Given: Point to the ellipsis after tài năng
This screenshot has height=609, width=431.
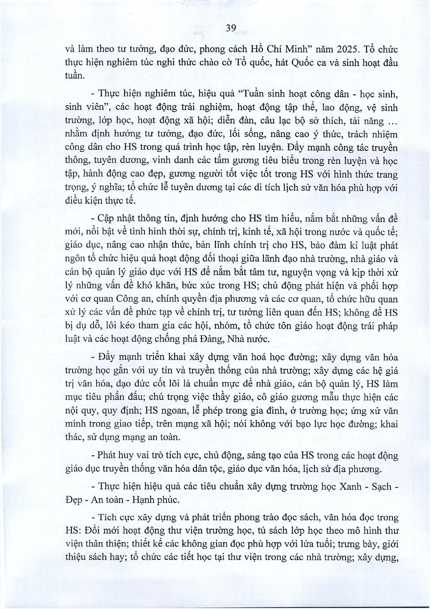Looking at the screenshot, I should [392, 122].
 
